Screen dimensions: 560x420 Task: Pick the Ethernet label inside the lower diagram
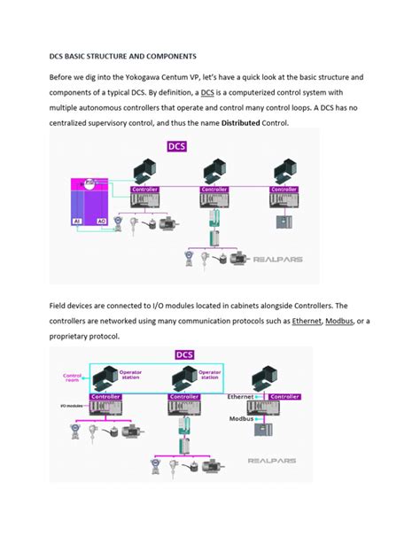(241, 397)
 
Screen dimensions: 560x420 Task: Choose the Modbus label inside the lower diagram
(243, 418)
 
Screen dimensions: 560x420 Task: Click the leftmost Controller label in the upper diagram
(144, 189)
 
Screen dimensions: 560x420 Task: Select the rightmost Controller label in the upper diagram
(284, 189)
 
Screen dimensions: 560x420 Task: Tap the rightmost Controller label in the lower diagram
(285, 396)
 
